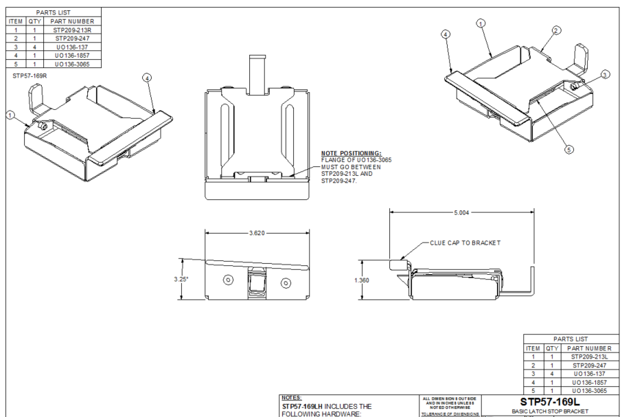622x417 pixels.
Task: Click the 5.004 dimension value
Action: click(461, 213)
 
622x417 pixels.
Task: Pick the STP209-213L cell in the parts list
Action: click(588, 357)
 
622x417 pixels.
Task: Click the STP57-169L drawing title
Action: click(550, 401)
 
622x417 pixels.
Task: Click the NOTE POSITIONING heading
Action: click(351, 153)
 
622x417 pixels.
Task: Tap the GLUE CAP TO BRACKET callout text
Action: click(465, 243)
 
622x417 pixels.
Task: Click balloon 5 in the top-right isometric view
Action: click(569, 148)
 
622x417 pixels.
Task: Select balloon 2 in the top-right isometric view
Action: click(556, 30)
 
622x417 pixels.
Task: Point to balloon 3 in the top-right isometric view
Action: click(604, 74)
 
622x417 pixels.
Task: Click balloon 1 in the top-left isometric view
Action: click(10, 115)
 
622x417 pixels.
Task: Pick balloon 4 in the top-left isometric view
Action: click(147, 78)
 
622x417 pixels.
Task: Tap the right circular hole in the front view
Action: click(286, 281)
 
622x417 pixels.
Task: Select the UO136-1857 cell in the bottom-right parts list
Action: click(588, 382)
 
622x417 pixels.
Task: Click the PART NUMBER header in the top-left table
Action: click(72, 21)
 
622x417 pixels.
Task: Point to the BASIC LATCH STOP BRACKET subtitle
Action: click(550, 412)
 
